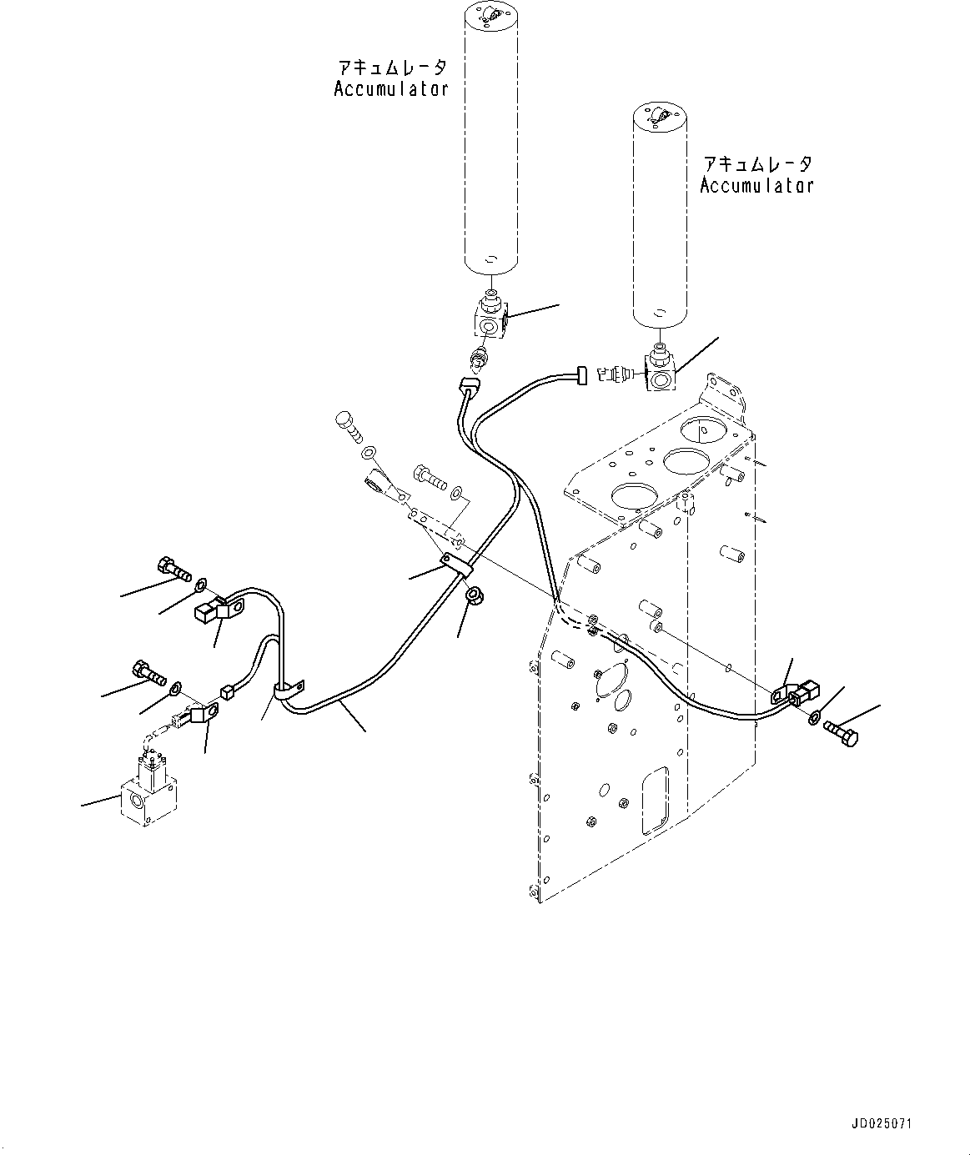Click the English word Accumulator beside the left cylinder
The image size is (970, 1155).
391,89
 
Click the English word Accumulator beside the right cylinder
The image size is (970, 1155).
756,185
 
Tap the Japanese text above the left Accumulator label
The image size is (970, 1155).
391,68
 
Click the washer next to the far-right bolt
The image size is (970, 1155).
814,717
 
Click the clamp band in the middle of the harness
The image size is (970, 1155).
457,566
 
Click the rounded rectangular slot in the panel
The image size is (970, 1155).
656,800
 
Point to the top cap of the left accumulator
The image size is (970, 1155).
490,15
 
